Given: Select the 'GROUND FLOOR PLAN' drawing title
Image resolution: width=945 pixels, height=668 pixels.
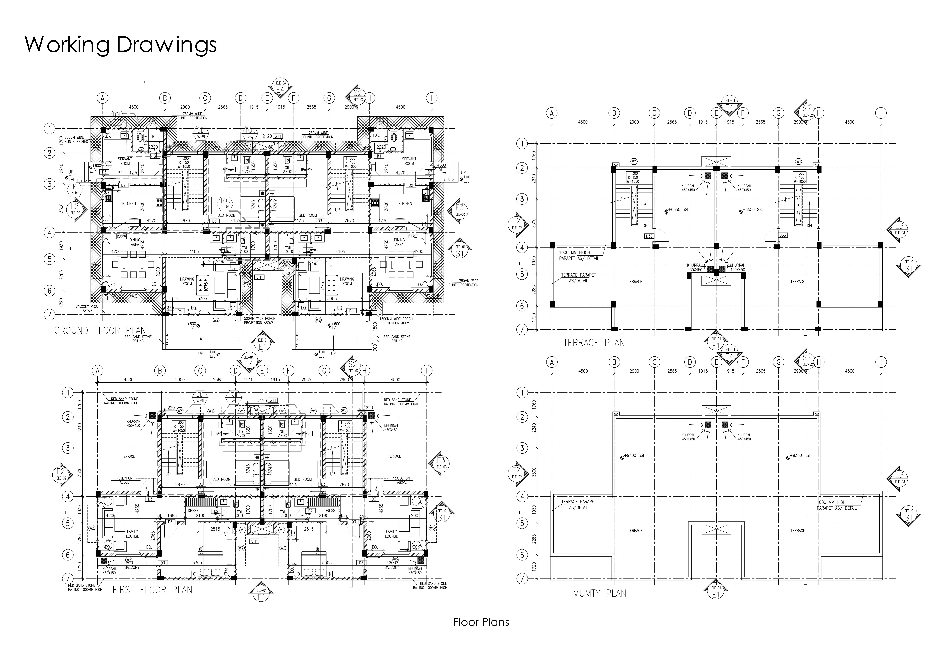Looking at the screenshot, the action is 100,331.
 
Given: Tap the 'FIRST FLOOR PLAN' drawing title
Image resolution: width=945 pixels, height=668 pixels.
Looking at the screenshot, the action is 152,590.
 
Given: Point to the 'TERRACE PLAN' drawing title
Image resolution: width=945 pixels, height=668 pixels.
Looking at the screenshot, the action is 593,343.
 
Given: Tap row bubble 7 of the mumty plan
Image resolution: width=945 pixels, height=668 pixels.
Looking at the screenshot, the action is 522,579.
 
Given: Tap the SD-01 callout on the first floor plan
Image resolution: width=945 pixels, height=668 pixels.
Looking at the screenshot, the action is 200,397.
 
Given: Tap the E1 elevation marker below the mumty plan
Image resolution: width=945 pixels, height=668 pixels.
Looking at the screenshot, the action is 716,592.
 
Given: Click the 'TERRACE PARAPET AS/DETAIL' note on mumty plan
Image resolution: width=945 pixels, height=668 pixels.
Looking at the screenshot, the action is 578,505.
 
